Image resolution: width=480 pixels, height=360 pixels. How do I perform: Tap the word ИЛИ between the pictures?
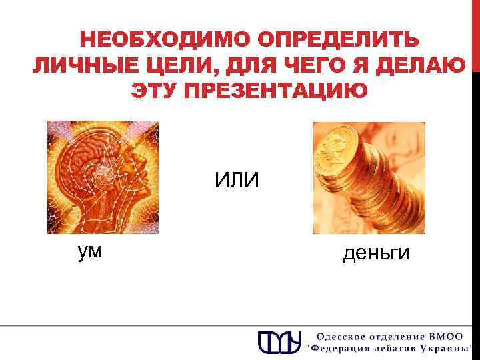click(237, 179)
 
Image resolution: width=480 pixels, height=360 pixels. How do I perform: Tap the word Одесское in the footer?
click(341, 336)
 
